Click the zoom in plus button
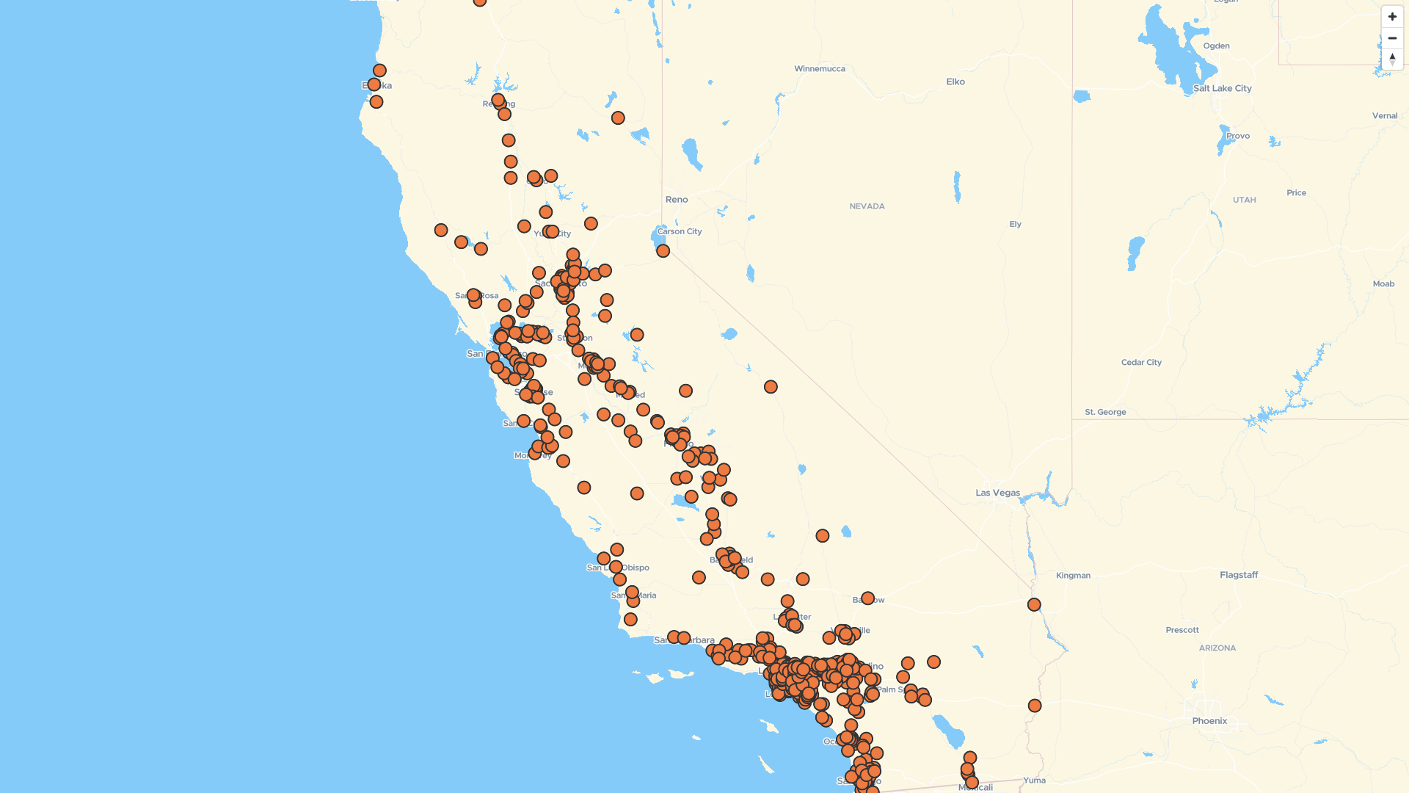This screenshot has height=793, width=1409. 1392,17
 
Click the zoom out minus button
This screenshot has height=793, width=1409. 1392,38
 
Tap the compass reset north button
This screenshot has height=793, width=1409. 1392,59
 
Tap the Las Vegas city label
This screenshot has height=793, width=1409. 997,493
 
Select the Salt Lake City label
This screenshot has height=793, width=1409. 1222,88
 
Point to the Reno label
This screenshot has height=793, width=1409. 677,200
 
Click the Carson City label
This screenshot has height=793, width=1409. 680,231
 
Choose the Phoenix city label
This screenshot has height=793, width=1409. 1209,721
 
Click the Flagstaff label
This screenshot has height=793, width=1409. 1239,575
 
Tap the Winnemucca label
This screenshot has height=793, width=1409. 820,69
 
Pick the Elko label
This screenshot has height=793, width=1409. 955,82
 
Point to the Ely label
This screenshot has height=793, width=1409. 1015,224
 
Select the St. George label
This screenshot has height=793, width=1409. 1105,412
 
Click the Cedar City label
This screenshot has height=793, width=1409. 1141,362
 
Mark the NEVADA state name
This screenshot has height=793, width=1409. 867,206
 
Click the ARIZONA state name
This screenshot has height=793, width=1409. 1217,648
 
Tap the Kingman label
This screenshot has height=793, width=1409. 1073,576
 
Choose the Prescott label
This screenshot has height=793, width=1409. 1182,630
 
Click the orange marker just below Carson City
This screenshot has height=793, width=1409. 663,251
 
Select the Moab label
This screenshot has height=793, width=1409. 1383,284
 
